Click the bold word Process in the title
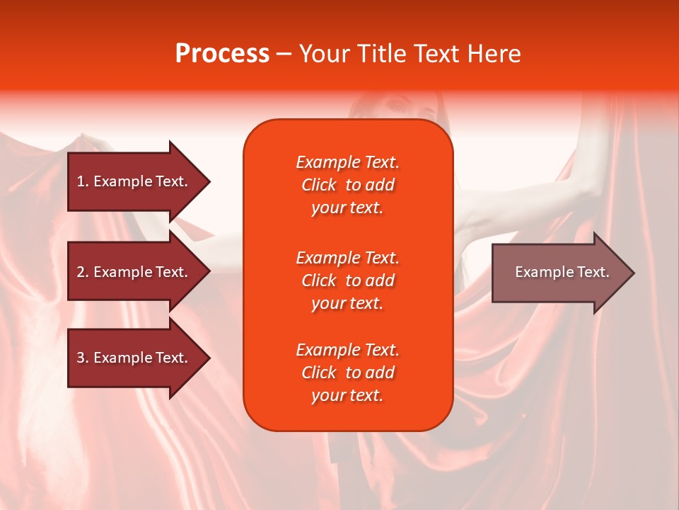pyautogui.click(x=222, y=54)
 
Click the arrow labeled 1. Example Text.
pyautogui.click(x=132, y=181)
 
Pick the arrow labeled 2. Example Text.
pyautogui.click(x=132, y=272)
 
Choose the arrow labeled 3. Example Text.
pyautogui.click(x=132, y=358)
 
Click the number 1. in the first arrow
pyautogui.click(x=82, y=181)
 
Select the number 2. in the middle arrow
pyautogui.click(x=82, y=272)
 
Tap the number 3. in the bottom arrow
pyautogui.click(x=82, y=358)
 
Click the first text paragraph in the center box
pyautogui.click(x=347, y=185)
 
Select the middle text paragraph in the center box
pyautogui.click(x=347, y=280)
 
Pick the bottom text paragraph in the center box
pyautogui.click(x=347, y=373)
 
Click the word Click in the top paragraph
pyautogui.click(x=318, y=185)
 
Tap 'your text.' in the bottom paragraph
pyautogui.click(x=347, y=395)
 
